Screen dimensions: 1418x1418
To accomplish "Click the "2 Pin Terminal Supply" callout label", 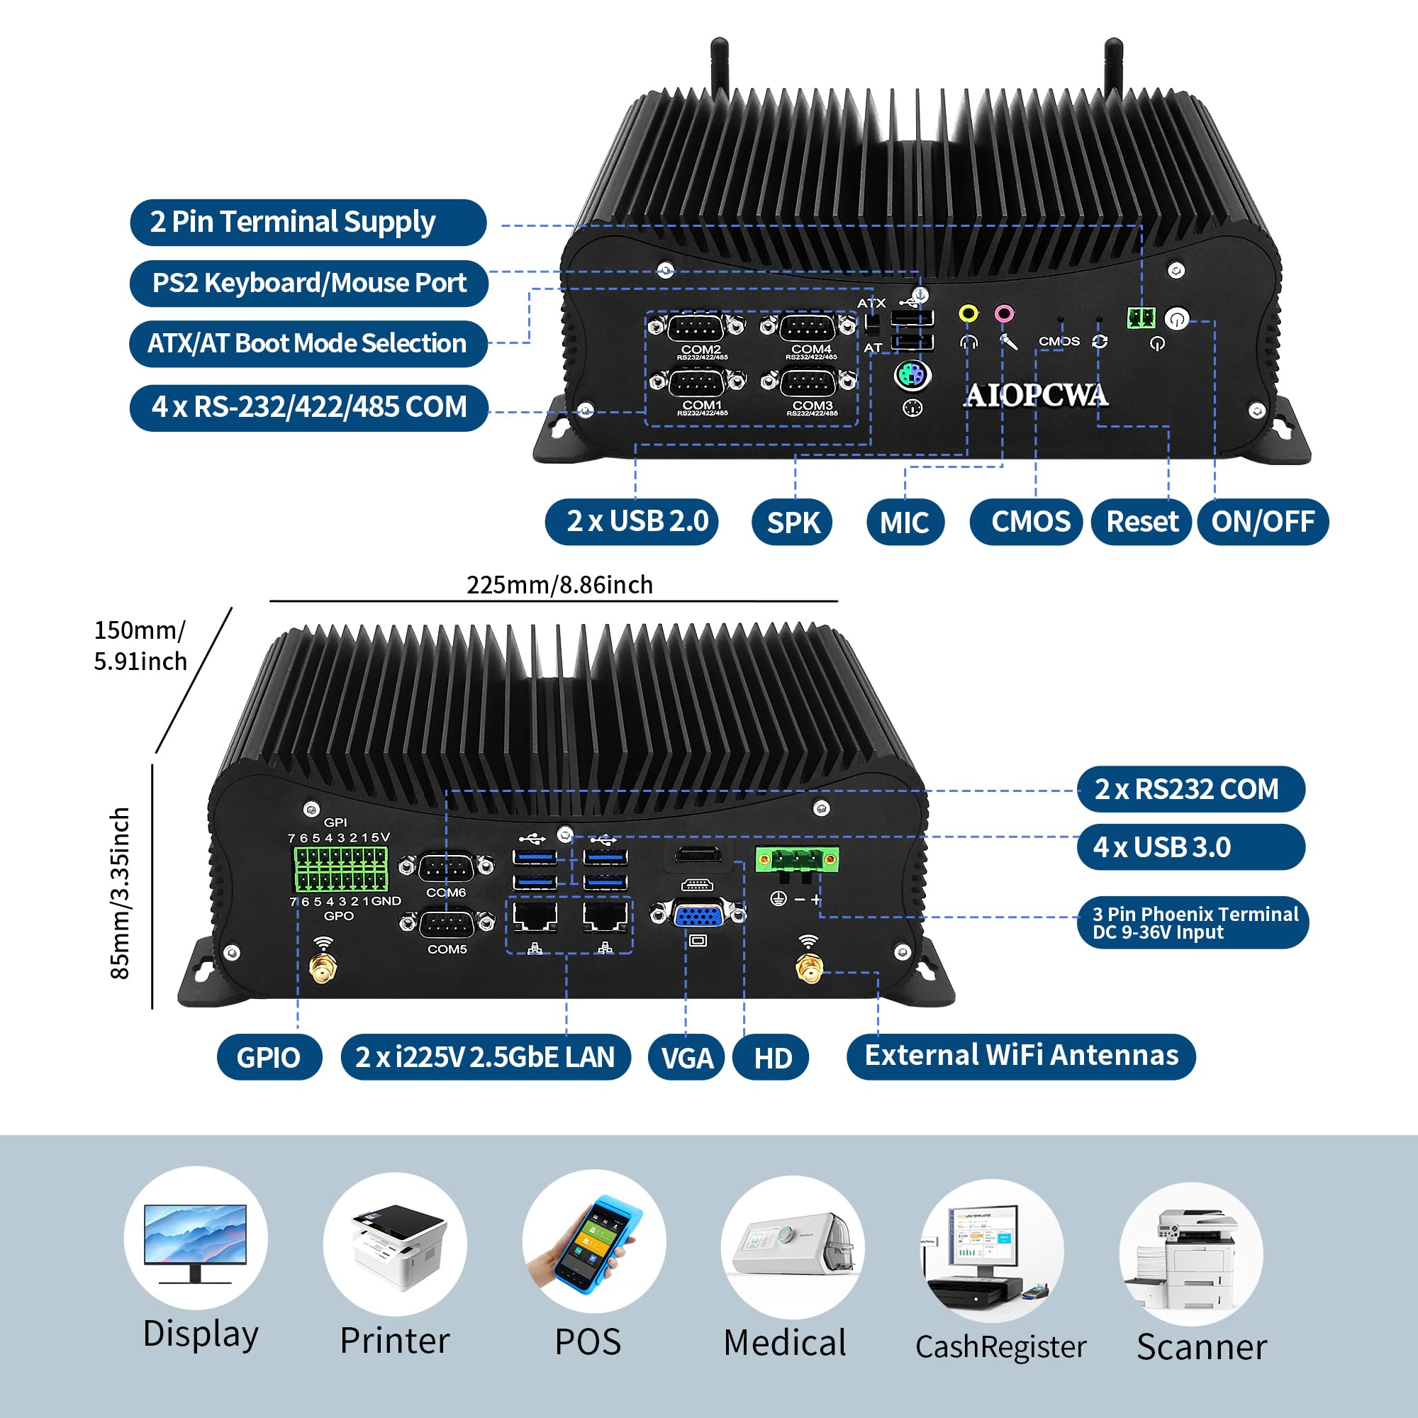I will point(308,223).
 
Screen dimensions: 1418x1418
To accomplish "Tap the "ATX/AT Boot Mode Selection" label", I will point(308,343).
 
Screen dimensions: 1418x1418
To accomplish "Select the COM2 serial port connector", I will point(696,327).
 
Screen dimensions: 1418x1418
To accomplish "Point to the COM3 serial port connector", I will point(808,382).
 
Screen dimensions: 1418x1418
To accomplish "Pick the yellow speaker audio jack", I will point(968,314).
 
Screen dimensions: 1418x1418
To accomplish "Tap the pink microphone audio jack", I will point(1004,314).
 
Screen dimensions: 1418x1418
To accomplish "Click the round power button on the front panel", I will point(1176,319).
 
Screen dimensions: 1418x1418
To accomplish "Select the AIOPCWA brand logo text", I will point(1036,396).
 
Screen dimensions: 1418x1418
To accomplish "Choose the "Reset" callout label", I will point(1141,522).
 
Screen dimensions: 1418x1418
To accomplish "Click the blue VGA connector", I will point(698,915).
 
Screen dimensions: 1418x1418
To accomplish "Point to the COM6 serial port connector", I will point(446,869).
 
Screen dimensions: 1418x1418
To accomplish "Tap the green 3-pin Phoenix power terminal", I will point(797,859).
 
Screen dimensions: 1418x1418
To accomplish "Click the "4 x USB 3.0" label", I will point(1190,847).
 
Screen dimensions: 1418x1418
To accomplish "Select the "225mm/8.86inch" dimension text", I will point(559,585).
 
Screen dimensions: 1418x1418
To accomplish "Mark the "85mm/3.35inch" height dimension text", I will point(120,893).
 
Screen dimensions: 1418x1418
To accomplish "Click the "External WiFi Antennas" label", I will point(1021,1056).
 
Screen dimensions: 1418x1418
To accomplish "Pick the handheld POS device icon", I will point(593,1243).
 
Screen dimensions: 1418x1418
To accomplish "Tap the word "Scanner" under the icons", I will point(1202,1347).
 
